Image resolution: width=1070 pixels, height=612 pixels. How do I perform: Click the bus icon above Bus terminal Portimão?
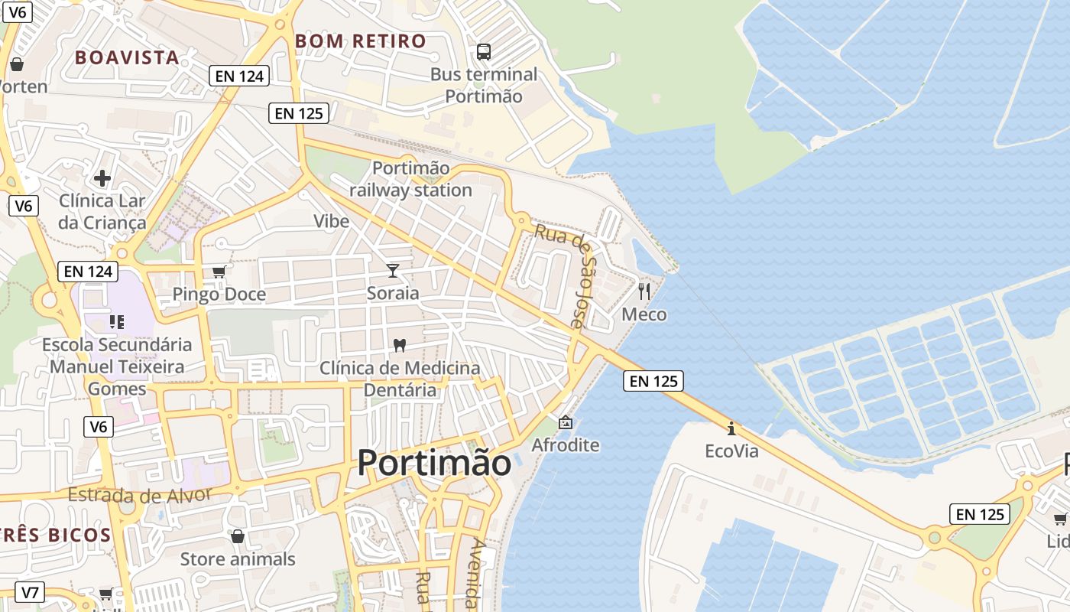click(x=484, y=52)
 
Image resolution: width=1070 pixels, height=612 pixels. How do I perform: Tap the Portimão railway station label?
click(x=411, y=179)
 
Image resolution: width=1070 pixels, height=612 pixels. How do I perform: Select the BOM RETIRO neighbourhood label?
click(x=361, y=41)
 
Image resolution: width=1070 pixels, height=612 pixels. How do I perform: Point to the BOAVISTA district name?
click(x=127, y=57)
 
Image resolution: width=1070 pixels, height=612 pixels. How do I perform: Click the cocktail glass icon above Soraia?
click(x=393, y=270)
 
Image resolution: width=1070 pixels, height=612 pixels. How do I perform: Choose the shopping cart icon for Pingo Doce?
click(x=219, y=272)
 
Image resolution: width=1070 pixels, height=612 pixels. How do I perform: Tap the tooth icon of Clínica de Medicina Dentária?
click(x=398, y=345)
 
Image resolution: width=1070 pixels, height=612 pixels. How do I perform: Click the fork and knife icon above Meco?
click(x=644, y=291)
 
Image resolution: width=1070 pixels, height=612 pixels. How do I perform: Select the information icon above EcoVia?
click(x=731, y=428)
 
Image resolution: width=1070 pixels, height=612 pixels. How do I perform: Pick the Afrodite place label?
click(x=566, y=445)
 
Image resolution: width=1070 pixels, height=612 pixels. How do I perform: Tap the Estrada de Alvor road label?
click(x=140, y=495)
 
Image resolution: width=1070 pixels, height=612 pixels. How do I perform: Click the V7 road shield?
click(x=30, y=592)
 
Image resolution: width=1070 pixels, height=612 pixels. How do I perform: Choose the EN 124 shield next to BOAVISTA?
click(x=240, y=75)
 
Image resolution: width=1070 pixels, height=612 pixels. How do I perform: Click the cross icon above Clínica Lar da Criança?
click(x=102, y=179)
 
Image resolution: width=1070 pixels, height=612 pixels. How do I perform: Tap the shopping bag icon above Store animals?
click(x=238, y=536)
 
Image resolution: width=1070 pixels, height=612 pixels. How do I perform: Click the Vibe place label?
click(x=331, y=221)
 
